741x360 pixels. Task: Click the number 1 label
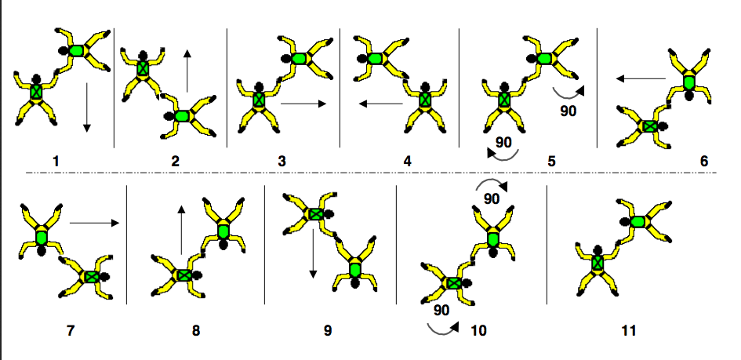pyautogui.click(x=56, y=161)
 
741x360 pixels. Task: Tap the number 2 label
pyautogui.click(x=175, y=161)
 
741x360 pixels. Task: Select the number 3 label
pyautogui.click(x=282, y=161)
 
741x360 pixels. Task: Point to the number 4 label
pyautogui.click(x=407, y=161)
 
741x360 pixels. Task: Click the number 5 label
pyautogui.click(x=551, y=161)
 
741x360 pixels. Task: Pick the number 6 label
pyautogui.click(x=703, y=161)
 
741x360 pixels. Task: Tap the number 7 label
pyautogui.click(x=71, y=330)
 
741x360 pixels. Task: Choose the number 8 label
pyautogui.click(x=195, y=330)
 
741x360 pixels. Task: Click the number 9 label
pyautogui.click(x=328, y=330)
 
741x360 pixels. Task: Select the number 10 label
pyautogui.click(x=478, y=330)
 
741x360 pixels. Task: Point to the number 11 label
pyautogui.click(x=628, y=330)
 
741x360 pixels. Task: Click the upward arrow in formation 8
pyautogui.click(x=182, y=230)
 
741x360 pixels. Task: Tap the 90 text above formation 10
pyautogui.click(x=492, y=198)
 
